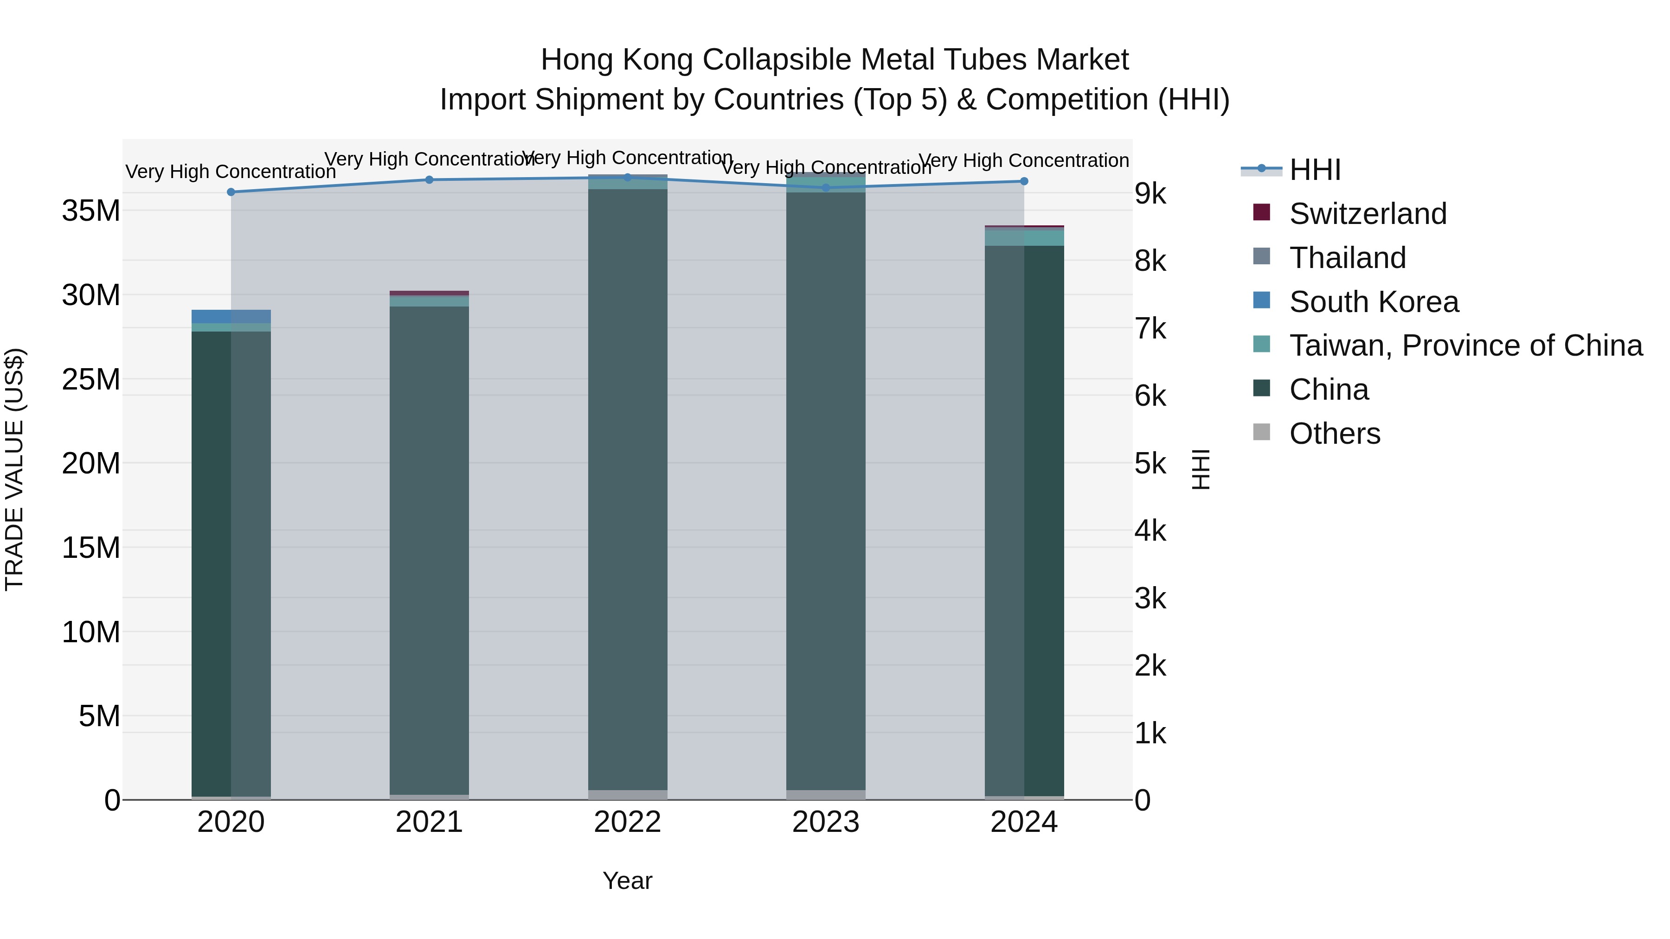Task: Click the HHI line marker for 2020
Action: point(231,192)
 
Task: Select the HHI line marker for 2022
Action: point(627,178)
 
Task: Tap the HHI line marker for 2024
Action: point(1024,181)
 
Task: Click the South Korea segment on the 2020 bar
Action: point(231,316)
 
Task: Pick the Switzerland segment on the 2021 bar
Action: point(429,293)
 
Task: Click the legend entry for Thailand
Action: point(1347,258)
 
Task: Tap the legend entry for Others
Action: point(1334,434)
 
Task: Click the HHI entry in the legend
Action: point(1314,170)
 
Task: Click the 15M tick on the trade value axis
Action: point(91,548)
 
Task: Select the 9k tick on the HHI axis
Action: point(1150,194)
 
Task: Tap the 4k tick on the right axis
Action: point(1150,531)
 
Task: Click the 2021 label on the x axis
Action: point(429,822)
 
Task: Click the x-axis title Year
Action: point(627,881)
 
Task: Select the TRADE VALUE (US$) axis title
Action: point(14,469)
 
